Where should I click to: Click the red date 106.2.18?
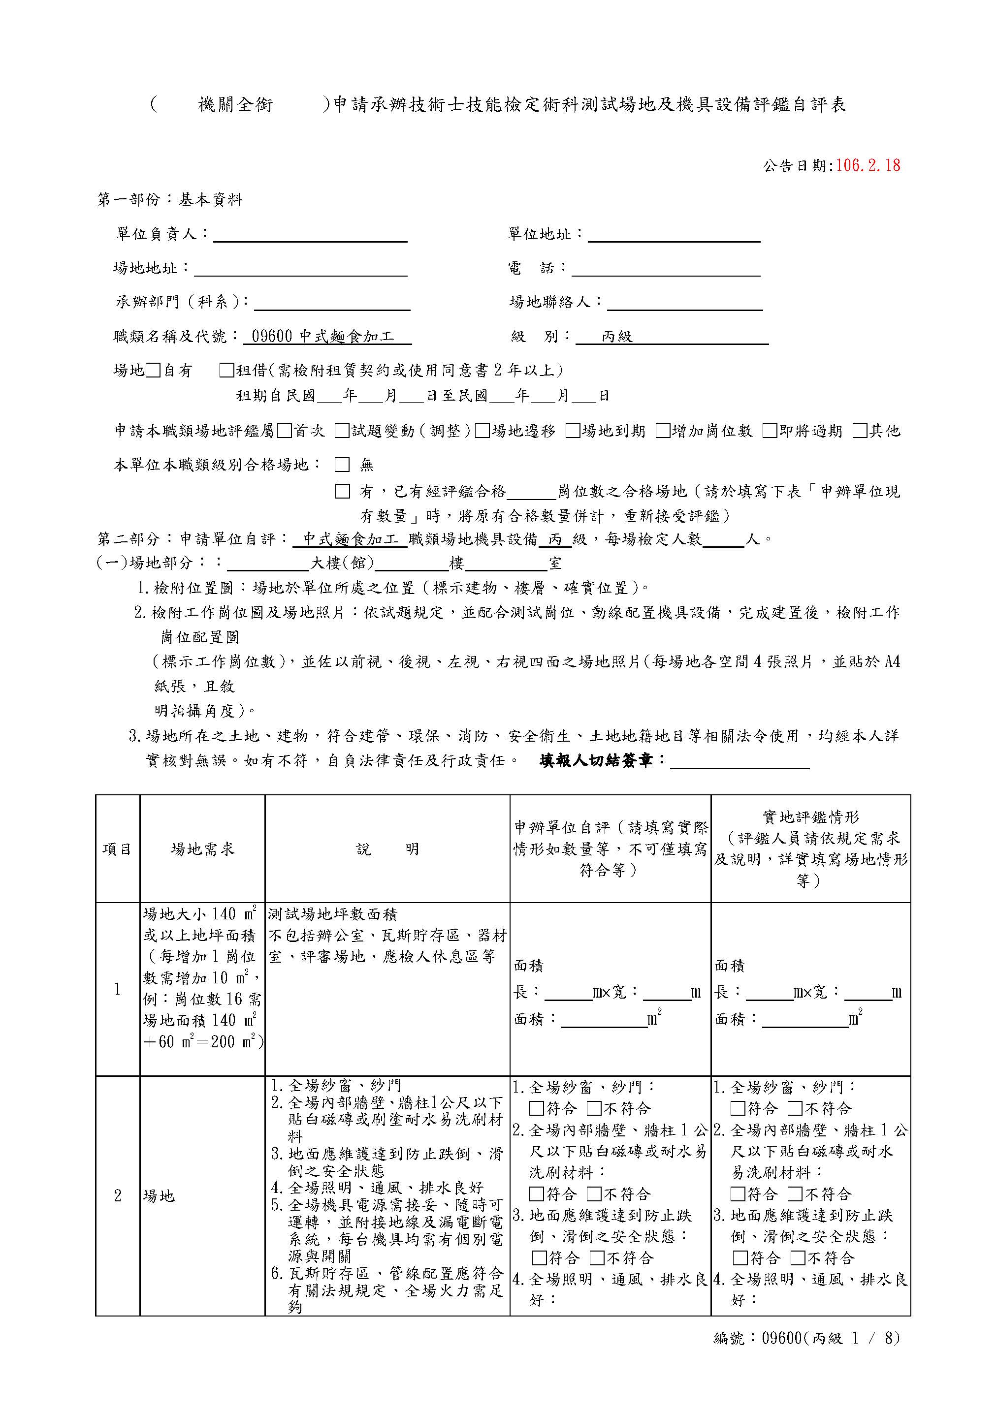(x=868, y=165)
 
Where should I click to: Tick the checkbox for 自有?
(x=153, y=370)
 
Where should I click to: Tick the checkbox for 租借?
(x=227, y=370)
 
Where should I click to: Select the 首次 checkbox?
(x=284, y=431)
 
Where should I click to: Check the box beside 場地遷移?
(x=482, y=431)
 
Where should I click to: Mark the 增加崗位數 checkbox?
(x=663, y=431)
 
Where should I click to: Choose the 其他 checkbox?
(x=859, y=431)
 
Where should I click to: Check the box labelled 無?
(x=342, y=465)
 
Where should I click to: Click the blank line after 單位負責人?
(x=310, y=236)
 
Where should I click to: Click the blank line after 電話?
(x=665, y=270)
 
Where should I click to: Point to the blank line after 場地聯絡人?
(x=684, y=304)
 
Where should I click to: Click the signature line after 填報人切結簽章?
(x=740, y=762)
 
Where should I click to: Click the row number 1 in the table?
(x=117, y=989)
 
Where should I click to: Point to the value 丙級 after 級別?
(x=616, y=336)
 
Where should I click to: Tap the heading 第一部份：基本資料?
(x=170, y=199)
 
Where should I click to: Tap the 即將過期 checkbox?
(x=770, y=431)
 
